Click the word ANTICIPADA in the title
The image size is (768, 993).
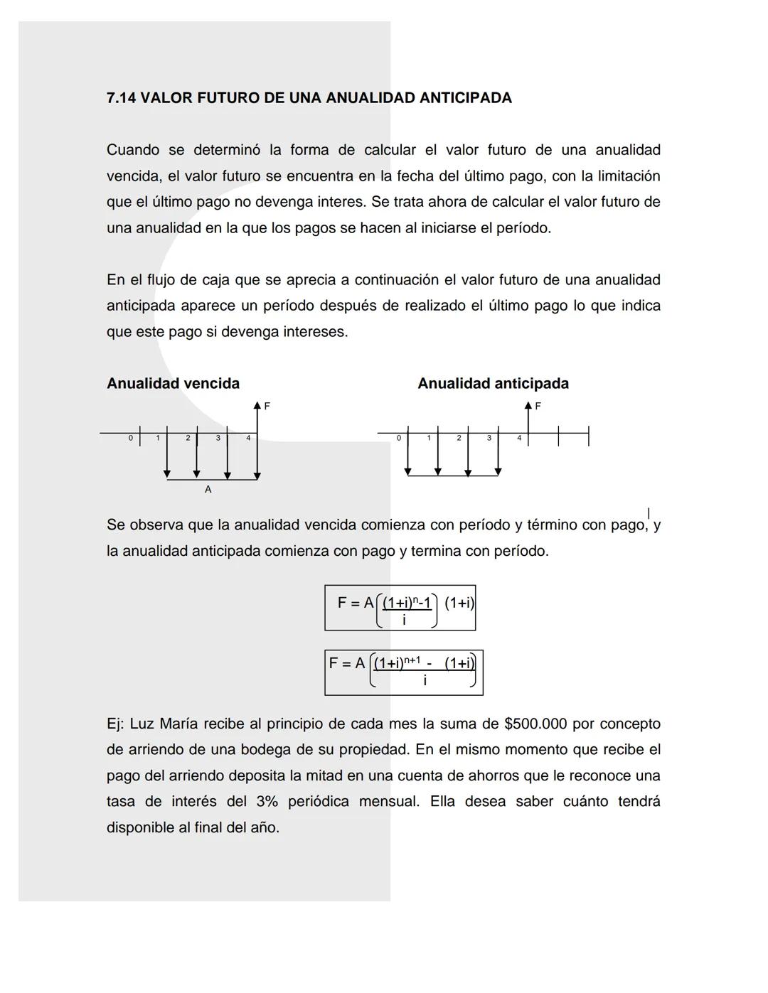point(465,98)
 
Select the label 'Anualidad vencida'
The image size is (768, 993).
point(173,384)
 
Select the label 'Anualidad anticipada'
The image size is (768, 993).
point(493,384)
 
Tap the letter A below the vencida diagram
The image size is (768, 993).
point(208,490)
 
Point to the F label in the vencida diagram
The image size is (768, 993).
point(267,407)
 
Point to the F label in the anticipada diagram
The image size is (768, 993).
point(538,407)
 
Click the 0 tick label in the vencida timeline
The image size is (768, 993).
point(130,439)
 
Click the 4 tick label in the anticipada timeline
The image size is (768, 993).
point(519,439)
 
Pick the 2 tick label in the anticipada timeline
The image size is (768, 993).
point(459,439)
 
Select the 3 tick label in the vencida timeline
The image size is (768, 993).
point(218,439)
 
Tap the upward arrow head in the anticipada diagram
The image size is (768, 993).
point(528,405)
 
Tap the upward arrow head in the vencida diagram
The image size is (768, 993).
point(257,405)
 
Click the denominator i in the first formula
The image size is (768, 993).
point(404,621)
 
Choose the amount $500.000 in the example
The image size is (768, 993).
point(535,724)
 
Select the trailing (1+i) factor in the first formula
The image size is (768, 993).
point(459,603)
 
